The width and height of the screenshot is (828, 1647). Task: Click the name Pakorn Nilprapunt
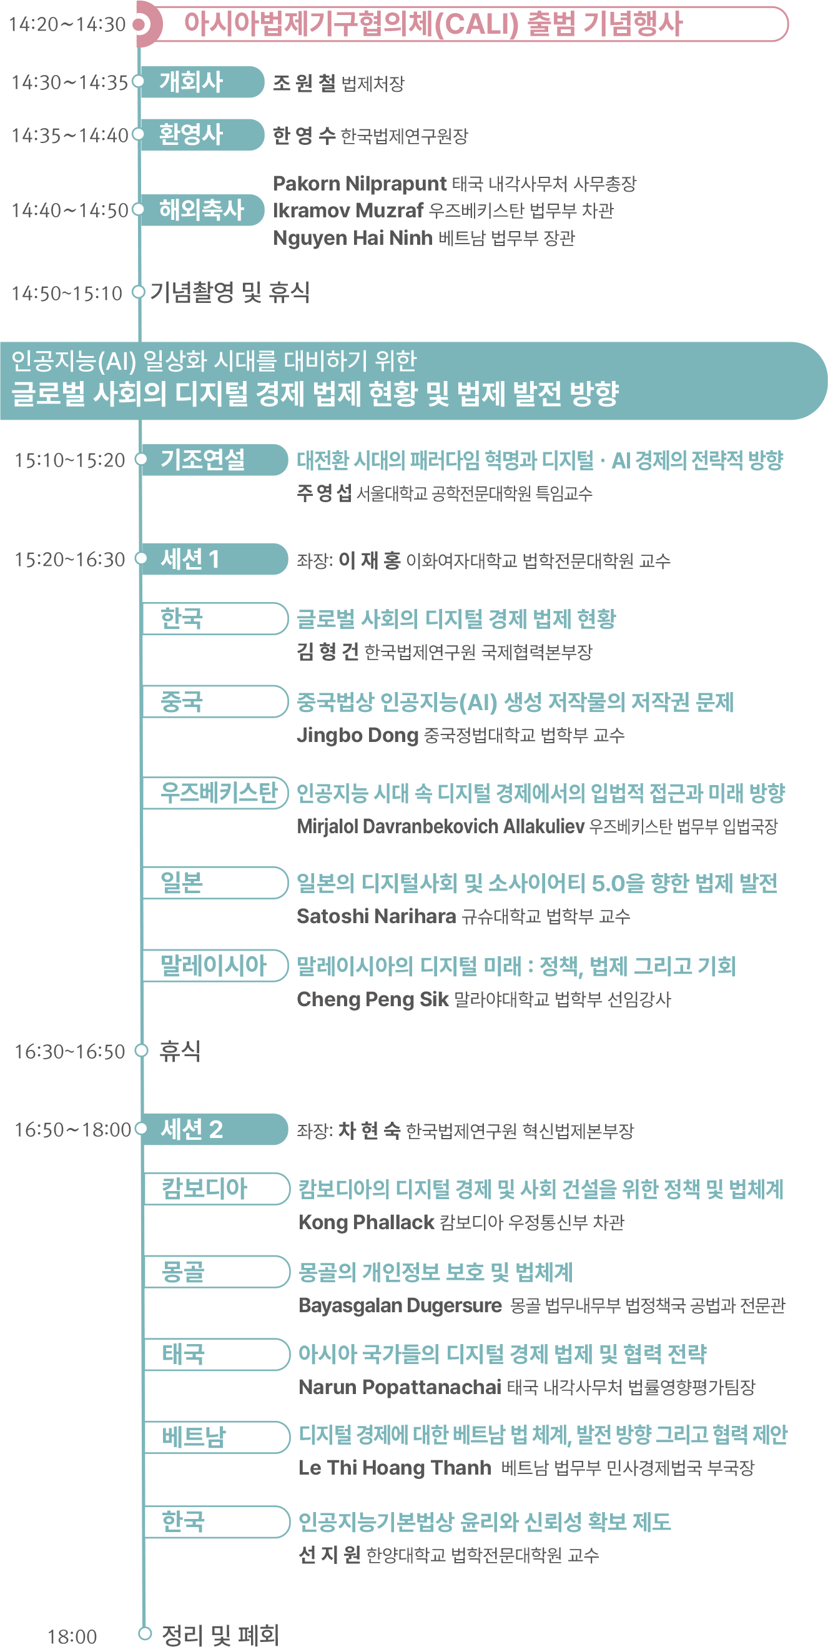pos(359,184)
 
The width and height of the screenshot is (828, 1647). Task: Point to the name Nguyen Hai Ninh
pos(352,238)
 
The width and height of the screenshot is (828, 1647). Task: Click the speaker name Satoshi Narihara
pos(376,916)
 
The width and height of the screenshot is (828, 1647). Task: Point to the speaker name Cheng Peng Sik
pos(372,999)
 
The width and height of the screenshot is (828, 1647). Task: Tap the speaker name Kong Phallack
pos(367,1222)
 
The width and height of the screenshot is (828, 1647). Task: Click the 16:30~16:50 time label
pos(70,1052)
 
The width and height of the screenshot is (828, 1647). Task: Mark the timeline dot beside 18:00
pos(145,1634)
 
